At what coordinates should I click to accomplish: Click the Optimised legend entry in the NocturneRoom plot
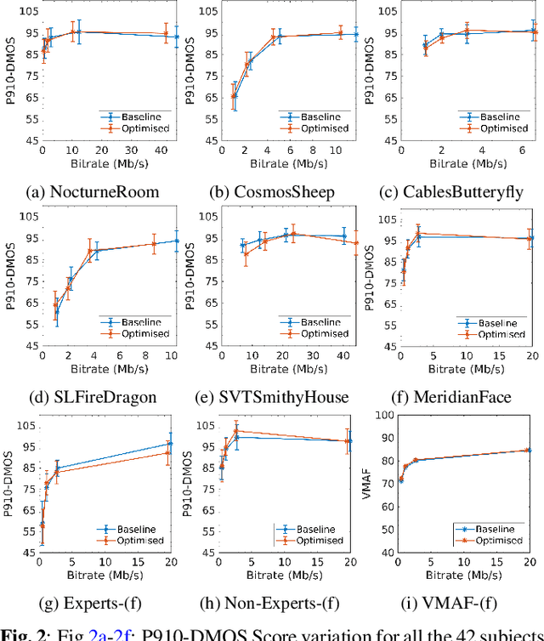(145, 128)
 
